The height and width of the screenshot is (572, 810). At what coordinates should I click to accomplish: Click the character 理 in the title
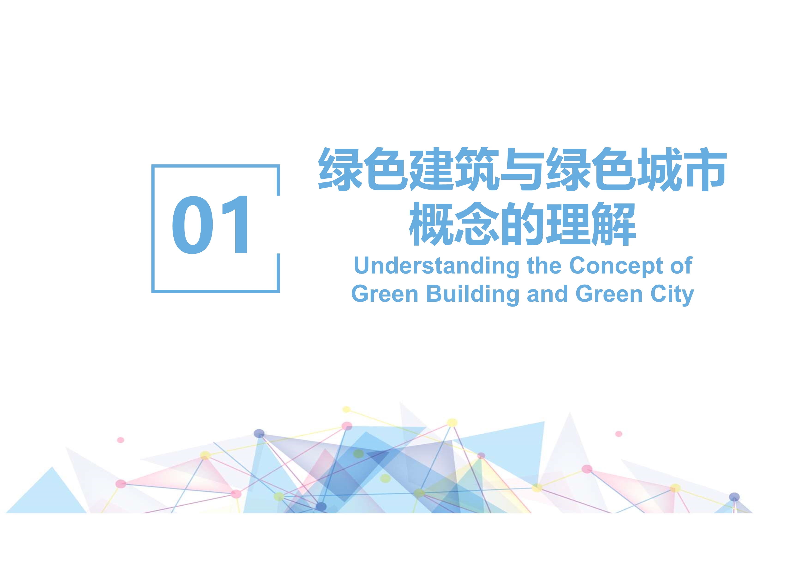pos(568,224)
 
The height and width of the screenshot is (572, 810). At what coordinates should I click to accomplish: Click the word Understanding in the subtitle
pos(436,266)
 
